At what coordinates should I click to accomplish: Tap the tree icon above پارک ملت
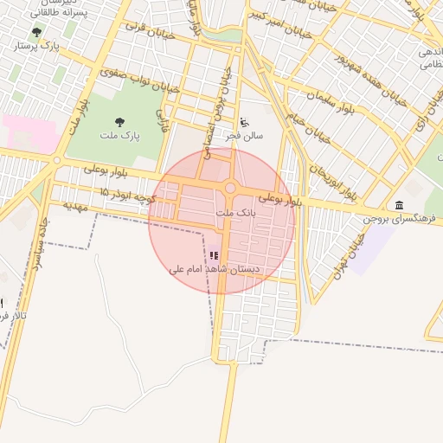pyautogui.click(x=119, y=122)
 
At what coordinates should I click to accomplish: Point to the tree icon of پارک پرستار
pyautogui.click(x=35, y=31)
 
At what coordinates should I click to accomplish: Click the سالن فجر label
pyautogui.click(x=245, y=135)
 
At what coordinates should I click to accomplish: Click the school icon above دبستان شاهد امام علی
pyautogui.click(x=214, y=255)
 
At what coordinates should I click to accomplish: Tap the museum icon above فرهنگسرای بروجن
pyautogui.click(x=398, y=204)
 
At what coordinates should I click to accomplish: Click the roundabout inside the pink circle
pyautogui.click(x=230, y=189)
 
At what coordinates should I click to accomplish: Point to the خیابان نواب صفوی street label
pyautogui.click(x=138, y=82)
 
